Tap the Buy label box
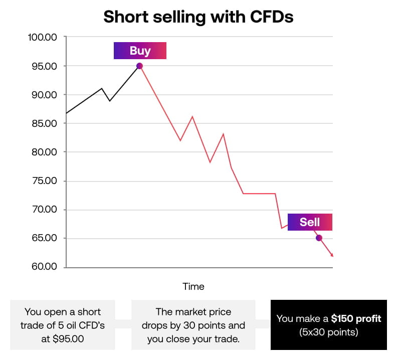click(x=140, y=51)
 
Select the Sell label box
click(x=310, y=222)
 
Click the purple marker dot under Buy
click(x=139, y=66)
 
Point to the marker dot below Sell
click(x=319, y=238)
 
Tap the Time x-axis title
click(x=193, y=287)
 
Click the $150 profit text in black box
click(x=356, y=318)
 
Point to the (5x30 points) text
click(x=328, y=332)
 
